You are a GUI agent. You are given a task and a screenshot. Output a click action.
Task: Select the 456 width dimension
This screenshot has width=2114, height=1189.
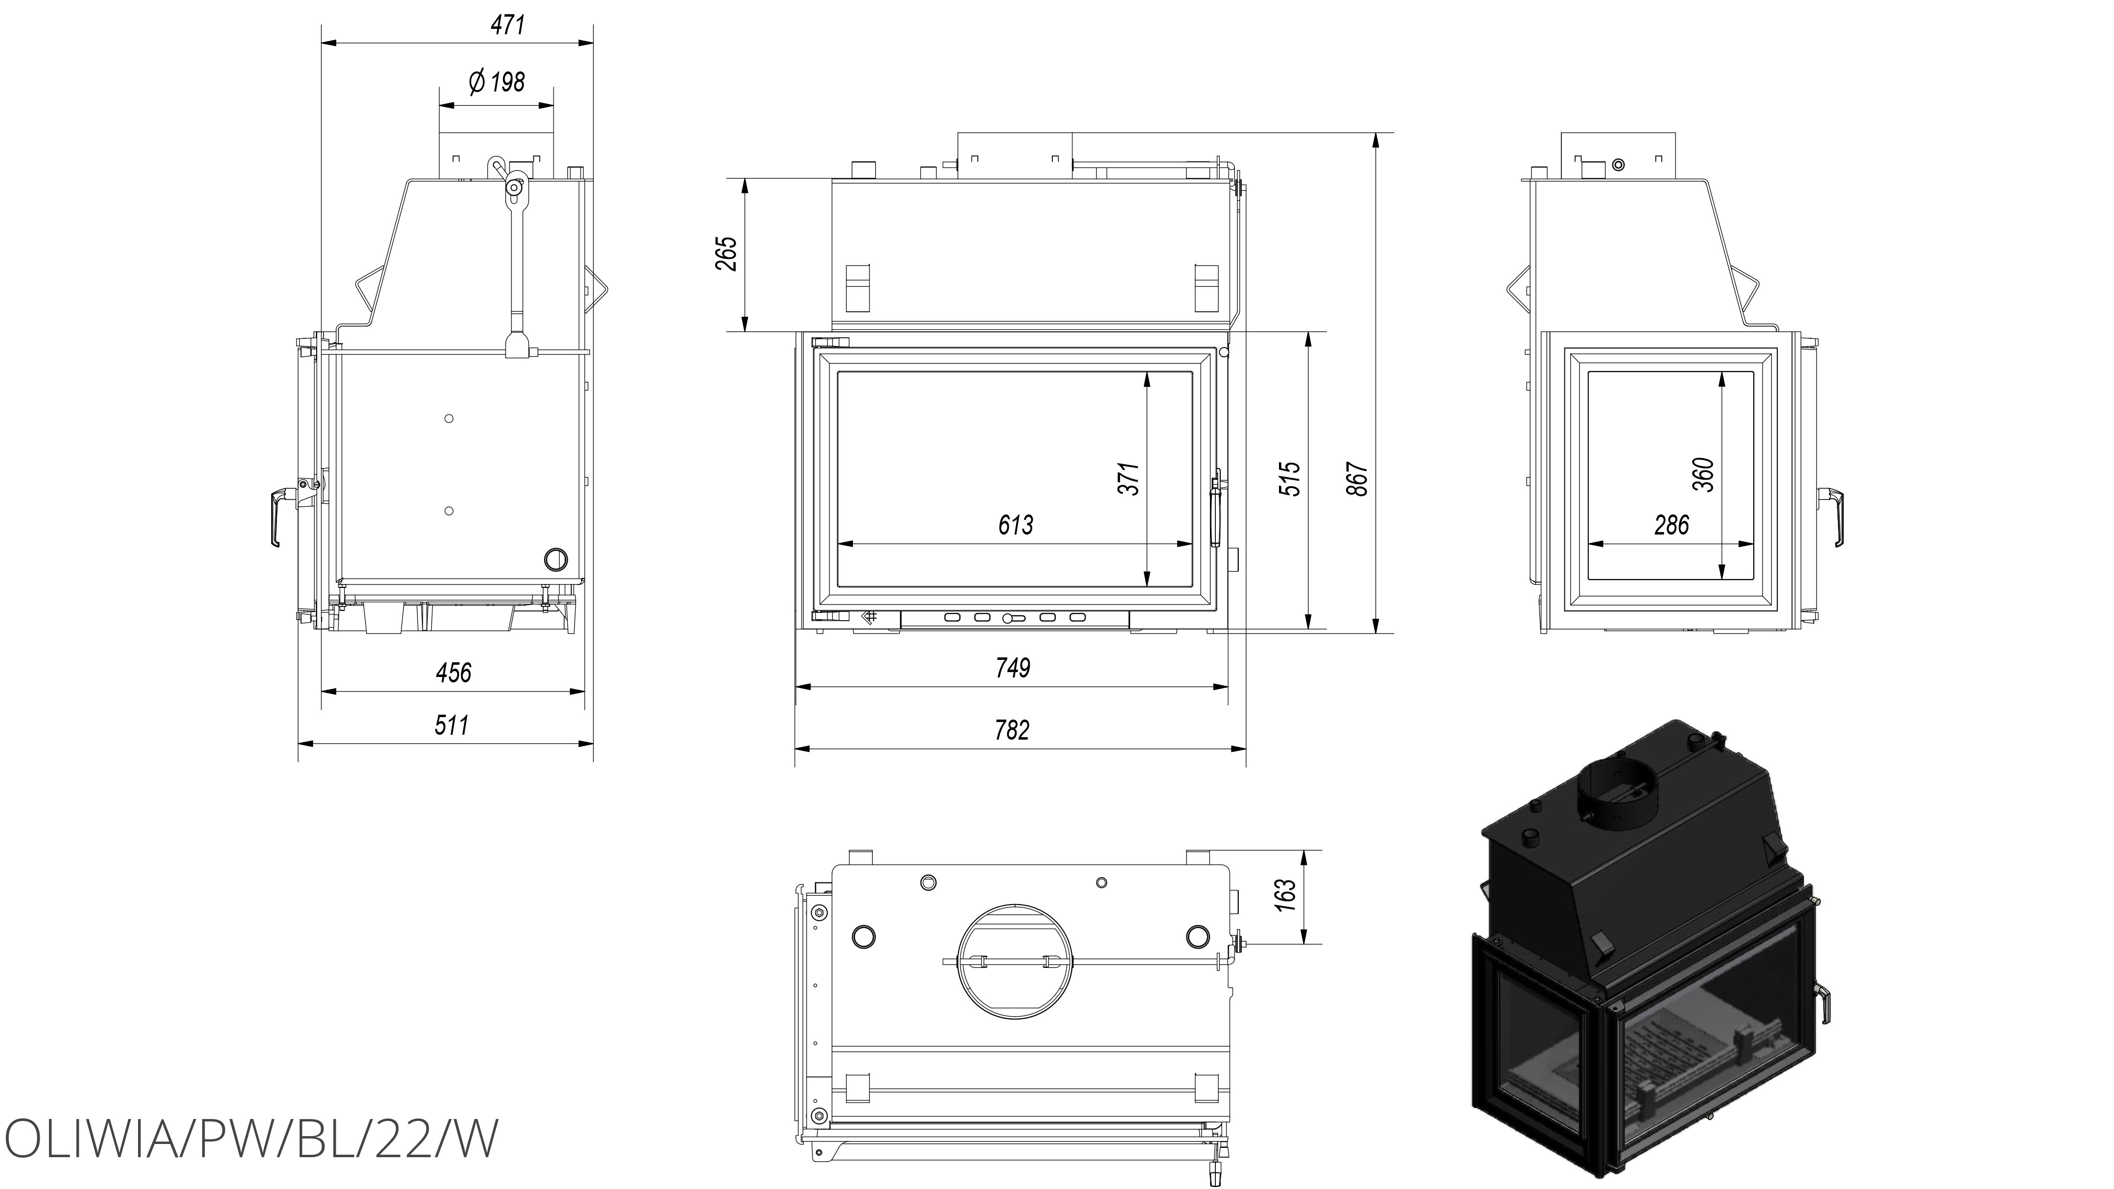[x=453, y=673]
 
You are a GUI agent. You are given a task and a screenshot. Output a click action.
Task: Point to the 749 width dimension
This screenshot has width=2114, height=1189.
[x=1013, y=668]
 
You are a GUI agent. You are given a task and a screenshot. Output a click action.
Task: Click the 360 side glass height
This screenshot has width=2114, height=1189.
[x=1703, y=474]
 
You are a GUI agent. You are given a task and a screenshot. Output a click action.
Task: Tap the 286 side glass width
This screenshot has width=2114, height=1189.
[x=1672, y=525]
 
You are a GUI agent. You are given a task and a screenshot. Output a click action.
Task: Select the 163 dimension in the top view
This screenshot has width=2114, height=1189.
[x=1286, y=890]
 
